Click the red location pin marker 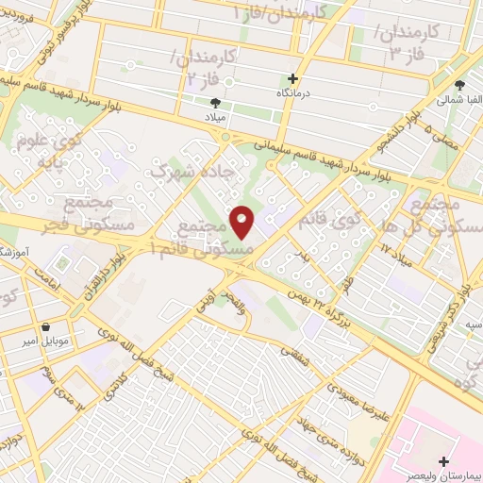point(241,223)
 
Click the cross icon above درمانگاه point(293,79)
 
